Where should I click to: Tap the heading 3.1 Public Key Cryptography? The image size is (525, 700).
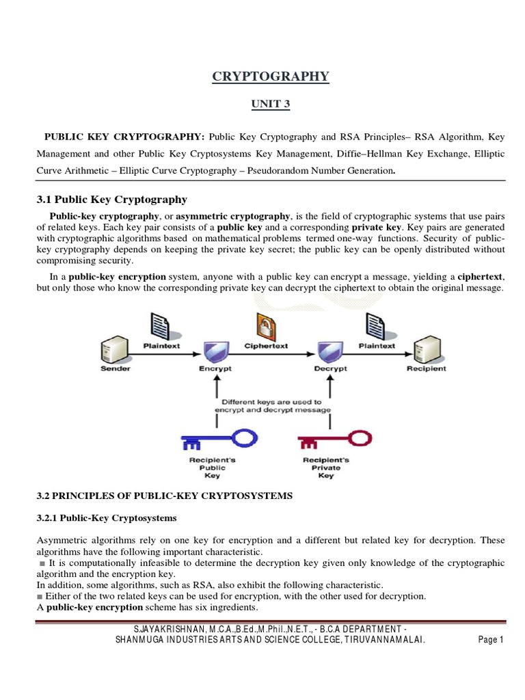coord(111,200)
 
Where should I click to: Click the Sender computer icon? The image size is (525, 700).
coord(115,350)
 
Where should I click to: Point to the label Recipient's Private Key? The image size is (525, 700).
coord(327,468)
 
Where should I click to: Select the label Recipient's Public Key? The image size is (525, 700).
coord(213,468)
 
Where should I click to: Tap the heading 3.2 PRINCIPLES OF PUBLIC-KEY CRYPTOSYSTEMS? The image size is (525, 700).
coord(164,496)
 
